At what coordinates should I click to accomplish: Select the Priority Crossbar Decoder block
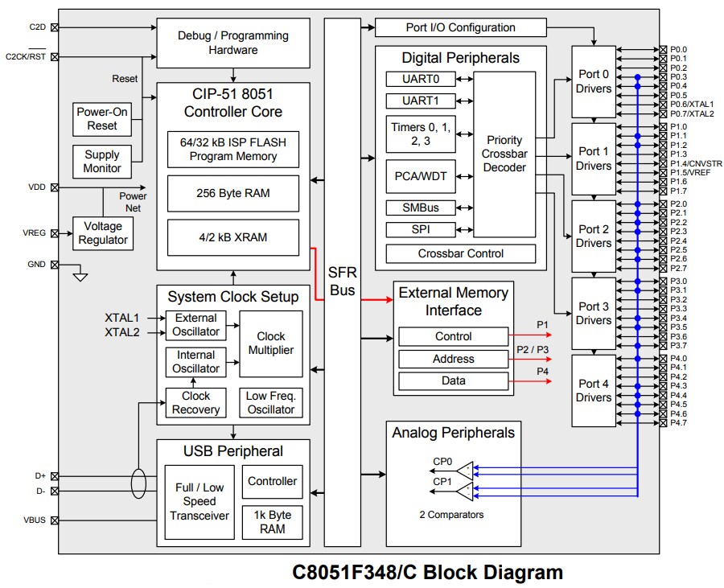[504, 154]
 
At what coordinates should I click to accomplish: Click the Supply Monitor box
[102, 161]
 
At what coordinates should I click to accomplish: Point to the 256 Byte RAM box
[232, 193]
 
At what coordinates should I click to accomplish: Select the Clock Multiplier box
[271, 343]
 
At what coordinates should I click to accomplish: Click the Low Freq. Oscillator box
[271, 402]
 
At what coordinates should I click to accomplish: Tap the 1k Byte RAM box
[272, 522]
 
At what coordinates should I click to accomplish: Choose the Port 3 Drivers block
[594, 313]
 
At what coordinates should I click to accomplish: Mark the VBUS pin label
[35, 520]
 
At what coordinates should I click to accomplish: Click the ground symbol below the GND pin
[79, 277]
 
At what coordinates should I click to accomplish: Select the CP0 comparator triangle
[465, 469]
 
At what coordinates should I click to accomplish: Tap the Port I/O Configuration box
[460, 27]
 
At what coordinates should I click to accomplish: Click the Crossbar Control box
[460, 253]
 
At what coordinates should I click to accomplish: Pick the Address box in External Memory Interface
[454, 359]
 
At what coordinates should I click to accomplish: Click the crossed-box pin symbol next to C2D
[55, 27]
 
